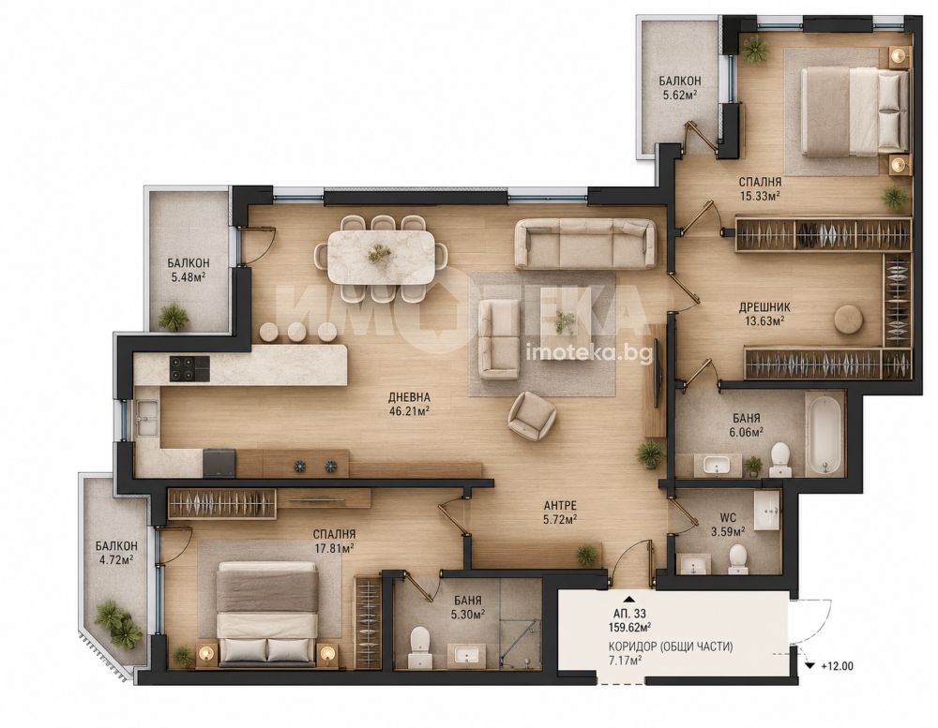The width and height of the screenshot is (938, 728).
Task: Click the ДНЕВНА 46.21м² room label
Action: pyautogui.click(x=410, y=404)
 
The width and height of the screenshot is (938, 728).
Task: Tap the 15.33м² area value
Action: pyautogui.click(x=759, y=195)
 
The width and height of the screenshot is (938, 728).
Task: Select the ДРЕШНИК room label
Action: pyautogui.click(x=764, y=307)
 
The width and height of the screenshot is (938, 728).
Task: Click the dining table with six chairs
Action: pyautogui.click(x=381, y=258)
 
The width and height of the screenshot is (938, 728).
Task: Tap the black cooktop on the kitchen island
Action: pyautogui.click(x=190, y=368)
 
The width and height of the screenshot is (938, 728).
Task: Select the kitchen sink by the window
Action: pyautogui.click(x=147, y=418)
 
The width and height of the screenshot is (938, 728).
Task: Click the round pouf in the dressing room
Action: pyautogui.click(x=848, y=319)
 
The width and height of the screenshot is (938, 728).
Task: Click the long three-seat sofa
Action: pyautogui.click(x=585, y=244)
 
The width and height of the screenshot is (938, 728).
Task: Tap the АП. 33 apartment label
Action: pyautogui.click(x=630, y=614)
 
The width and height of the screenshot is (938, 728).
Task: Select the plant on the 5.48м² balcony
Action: pyautogui.click(x=174, y=317)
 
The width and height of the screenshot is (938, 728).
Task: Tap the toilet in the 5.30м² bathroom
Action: pyautogui.click(x=418, y=646)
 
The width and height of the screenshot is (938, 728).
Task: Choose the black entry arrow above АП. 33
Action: pyautogui.click(x=628, y=598)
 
